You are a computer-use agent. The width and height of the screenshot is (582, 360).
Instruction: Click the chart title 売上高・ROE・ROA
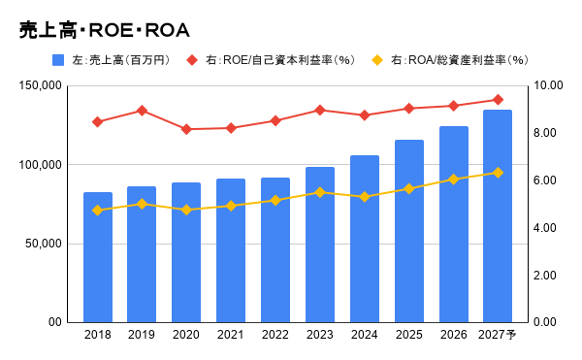(105, 30)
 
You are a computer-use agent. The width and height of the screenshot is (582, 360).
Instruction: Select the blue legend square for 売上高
(58, 60)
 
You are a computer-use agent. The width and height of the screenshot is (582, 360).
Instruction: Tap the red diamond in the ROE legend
(192, 60)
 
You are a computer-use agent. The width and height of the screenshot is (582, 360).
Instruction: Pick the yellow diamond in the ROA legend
(377, 60)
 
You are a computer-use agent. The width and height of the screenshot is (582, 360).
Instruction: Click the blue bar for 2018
(98, 257)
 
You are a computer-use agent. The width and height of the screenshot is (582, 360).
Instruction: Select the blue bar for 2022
(275, 250)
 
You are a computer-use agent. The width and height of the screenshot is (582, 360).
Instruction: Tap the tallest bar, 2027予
(498, 216)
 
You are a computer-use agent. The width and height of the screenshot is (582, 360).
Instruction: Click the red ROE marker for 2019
(142, 111)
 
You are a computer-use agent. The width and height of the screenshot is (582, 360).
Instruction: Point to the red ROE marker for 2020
(186, 129)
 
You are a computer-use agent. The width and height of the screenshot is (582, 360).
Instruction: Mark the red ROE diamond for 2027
(499, 100)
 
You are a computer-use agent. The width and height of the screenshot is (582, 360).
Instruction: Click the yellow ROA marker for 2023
(320, 192)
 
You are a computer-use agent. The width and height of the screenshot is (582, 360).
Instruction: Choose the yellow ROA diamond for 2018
(98, 211)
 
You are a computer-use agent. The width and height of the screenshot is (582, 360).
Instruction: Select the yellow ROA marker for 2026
(454, 180)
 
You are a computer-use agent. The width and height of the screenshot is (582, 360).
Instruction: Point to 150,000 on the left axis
(40, 85)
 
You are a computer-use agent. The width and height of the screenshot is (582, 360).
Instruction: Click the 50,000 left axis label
(44, 244)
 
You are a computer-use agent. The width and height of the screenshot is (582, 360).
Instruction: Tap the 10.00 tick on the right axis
(548, 85)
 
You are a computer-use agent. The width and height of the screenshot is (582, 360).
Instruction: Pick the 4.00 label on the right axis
(544, 228)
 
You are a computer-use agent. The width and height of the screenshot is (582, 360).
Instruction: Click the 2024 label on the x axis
(364, 335)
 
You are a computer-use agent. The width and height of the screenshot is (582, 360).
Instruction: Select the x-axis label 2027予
(498, 335)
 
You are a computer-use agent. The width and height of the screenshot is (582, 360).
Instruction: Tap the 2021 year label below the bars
(231, 335)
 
